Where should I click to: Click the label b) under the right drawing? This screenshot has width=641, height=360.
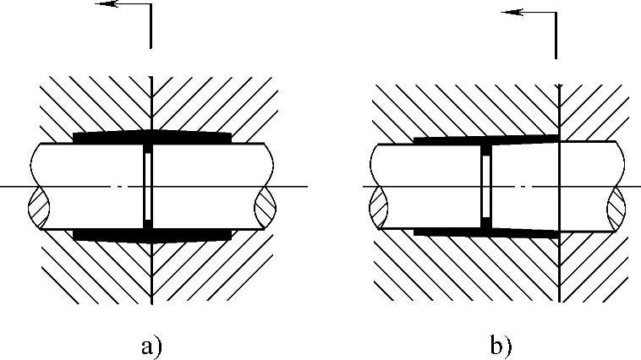(501, 346)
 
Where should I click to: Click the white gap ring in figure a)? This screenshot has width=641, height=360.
(148, 185)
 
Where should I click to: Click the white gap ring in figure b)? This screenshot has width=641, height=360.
(486, 185)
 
